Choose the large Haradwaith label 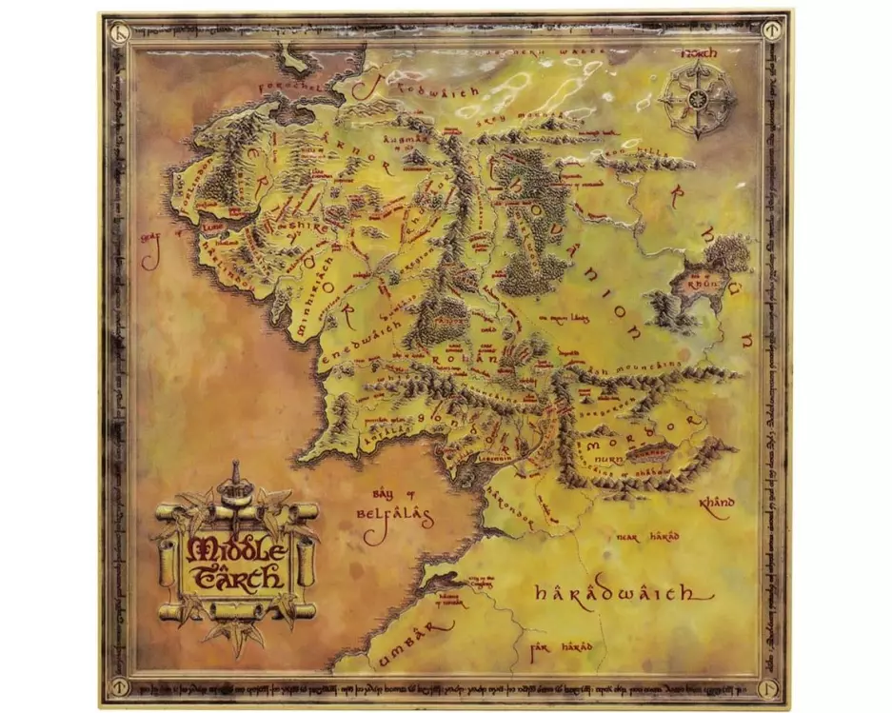[623, 595]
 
